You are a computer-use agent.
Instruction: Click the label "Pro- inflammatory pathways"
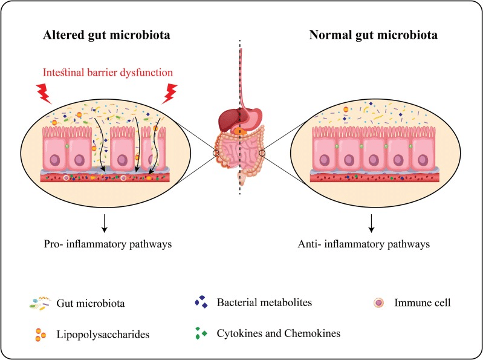click(x=105, y=246)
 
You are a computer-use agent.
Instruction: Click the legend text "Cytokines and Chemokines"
click(x=277, y=334)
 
